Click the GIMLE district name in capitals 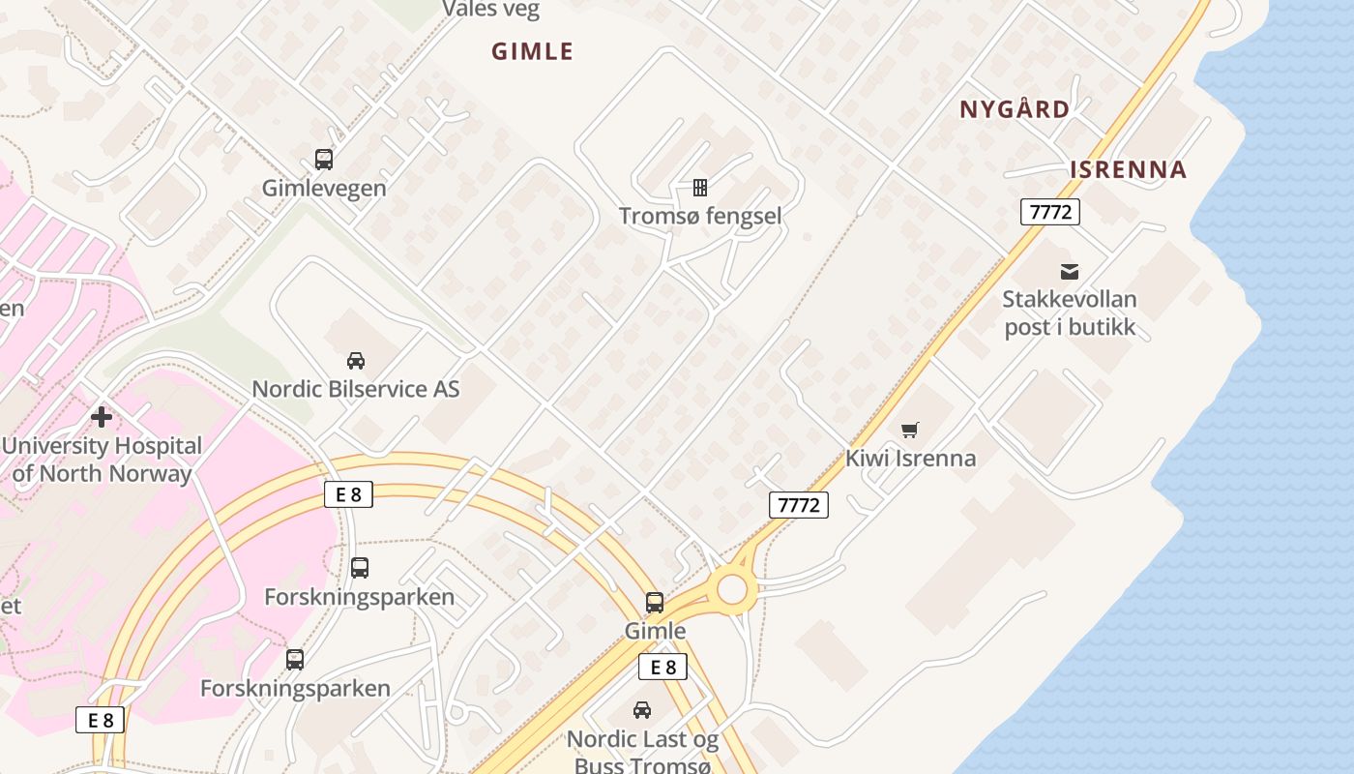[x=532, y=51]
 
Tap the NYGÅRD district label [x=1015, y=109]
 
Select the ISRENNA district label [x=1128, y=170]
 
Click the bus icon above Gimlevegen [x=324, y=160]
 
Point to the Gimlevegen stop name [x=324, y=189]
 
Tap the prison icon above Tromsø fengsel [x=699, y=187]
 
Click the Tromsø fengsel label [x=699, y=216]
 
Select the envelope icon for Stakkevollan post [x=1069, y=272]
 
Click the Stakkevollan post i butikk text [x=1069, y=313]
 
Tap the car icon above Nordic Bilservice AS [x=356, y=361]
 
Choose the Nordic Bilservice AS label [x=356, y=389]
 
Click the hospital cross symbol [x=102, y=417]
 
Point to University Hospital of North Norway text [x=102, y=460]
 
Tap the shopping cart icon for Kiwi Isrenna [x=910, y=430]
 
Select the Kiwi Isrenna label [x=910, y=459]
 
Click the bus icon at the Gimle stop [x=655, y=603]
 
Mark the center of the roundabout [x=731, y=588]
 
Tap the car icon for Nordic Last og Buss [x=642, y=710]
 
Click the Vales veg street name [x=491, y=10]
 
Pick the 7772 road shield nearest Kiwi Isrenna [x=799, y=504]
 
